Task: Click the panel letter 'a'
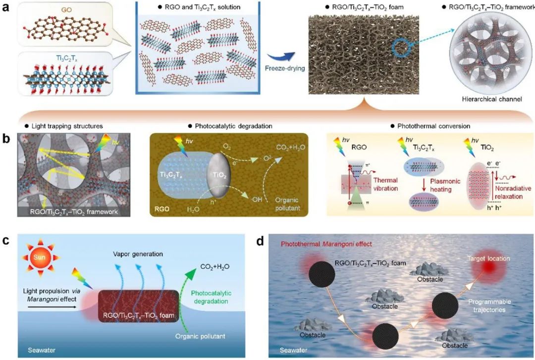click(6, 9)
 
